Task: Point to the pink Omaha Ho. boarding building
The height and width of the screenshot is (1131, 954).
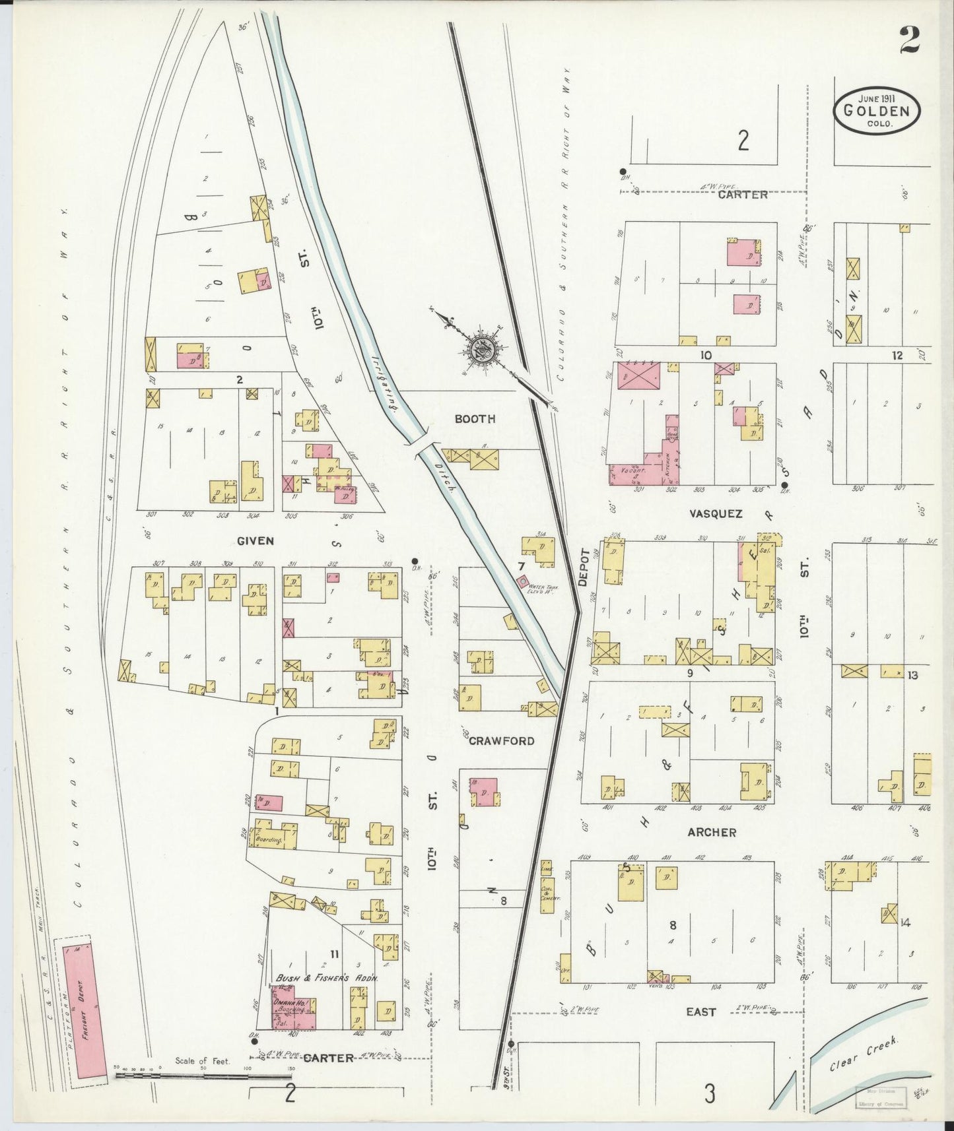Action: point(294,1008)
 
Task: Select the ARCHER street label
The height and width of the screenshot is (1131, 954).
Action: point(711,833)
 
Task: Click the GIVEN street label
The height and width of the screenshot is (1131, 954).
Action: point(255,540)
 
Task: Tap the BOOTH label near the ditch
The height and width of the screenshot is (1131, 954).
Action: point(474,419)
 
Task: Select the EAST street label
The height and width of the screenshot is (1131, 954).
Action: point(700,1012)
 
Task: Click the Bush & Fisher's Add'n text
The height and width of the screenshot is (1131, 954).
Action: point(326,979)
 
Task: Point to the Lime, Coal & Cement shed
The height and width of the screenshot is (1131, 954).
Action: point(547,887)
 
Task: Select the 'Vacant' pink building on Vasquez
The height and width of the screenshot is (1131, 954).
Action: point(634,472)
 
